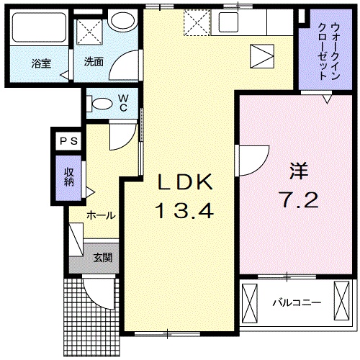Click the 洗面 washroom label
tap(93, 62)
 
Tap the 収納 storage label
tap(69, 176)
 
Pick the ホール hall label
tap(101, 215)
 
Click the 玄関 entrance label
tap(101, 258)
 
